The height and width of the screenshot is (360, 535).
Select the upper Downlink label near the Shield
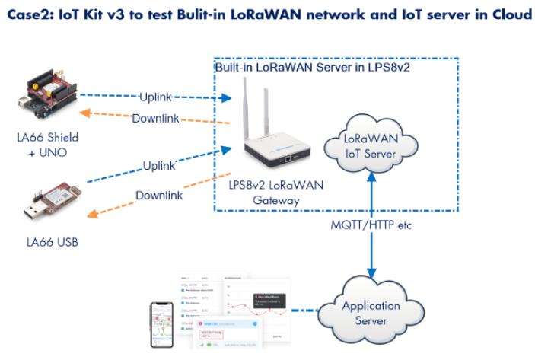coord(157,119)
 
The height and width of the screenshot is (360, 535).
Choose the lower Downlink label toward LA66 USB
coord(159,196)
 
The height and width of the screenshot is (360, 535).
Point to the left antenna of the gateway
coord(248,107)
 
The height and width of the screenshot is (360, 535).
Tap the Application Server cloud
coord(371,313)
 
